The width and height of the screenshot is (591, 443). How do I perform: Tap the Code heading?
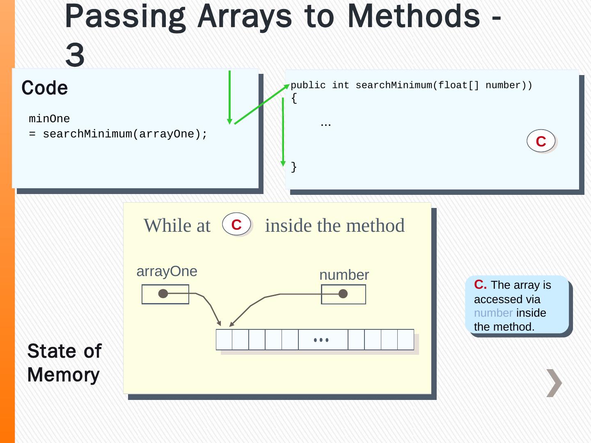(x=45, y=88)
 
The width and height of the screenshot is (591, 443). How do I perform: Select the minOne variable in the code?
(x=49, y=119)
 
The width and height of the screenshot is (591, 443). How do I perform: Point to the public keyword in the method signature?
(x=308, y=85)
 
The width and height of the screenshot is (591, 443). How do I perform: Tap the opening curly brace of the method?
(x=294, y=98)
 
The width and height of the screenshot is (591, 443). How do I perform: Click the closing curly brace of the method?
(x=294, y=167)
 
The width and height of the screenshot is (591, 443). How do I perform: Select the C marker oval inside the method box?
(x=541, y=141)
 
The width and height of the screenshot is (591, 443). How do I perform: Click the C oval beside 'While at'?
(x=236, y=224)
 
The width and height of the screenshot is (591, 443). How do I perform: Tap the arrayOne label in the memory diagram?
(x=167, y=271)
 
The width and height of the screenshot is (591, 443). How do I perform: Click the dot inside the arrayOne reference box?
(x=163, y=294)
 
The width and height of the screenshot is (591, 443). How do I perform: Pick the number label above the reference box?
(x=344, y=275)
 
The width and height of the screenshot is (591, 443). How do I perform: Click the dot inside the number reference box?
(x=343, y=294)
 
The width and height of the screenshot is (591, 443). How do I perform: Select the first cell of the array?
(x=224, y=340)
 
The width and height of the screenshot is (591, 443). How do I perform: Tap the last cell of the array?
(x=405, y=340)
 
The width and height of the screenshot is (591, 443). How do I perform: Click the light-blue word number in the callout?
(x=493, y=313)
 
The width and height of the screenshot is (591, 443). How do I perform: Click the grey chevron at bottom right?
(x=554, y=383)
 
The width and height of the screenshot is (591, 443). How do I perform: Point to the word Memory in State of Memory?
(x=64, y=375)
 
